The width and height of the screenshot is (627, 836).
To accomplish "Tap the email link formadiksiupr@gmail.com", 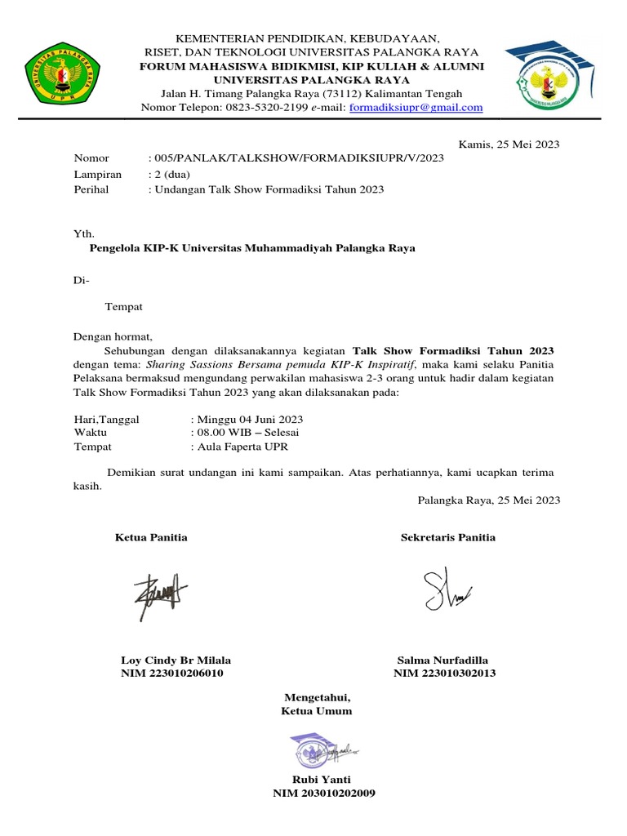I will (x=416, y=107).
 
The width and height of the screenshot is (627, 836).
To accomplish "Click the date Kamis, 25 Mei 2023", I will (x=509, y=145).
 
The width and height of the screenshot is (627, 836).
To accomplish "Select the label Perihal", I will (x=91, y=189).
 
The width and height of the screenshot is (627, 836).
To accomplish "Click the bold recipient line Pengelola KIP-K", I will (x=252, y=248).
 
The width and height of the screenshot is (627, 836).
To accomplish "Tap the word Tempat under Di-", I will (x=124, y=306).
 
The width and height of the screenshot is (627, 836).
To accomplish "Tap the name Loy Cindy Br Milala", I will (x=176, y=660).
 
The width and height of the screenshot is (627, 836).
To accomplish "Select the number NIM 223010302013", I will (x=444, y=674).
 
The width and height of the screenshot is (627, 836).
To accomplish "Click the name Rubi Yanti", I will (x=316, y=779).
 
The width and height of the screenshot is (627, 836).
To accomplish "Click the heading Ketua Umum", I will (x=316, y=710).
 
